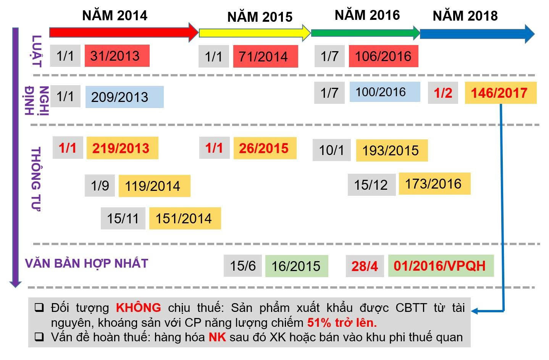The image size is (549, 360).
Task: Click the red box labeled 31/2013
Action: click(117, 56)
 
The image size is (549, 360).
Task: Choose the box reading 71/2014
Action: click(265, 57)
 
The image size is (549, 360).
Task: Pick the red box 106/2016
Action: click(383, 57)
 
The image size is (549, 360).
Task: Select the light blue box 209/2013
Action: click(124, 97)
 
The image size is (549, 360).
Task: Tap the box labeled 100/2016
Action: click(384, 92)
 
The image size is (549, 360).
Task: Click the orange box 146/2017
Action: click(500, 93)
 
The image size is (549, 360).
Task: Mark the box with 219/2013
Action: click(122, 148)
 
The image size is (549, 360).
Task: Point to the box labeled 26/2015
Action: click(265, 148)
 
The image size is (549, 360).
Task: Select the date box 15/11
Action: click(123, 218)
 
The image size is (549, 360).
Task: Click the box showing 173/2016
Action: click(434, 184)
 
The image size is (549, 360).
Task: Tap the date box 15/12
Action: click(371, 185)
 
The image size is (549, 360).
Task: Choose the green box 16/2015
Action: click(296, 266)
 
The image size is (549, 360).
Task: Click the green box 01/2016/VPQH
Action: click(441, 266)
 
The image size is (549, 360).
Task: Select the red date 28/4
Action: click(365, 266)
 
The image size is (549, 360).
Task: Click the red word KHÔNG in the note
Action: click(138, 308)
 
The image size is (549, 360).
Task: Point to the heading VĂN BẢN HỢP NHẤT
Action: click(87, 263)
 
